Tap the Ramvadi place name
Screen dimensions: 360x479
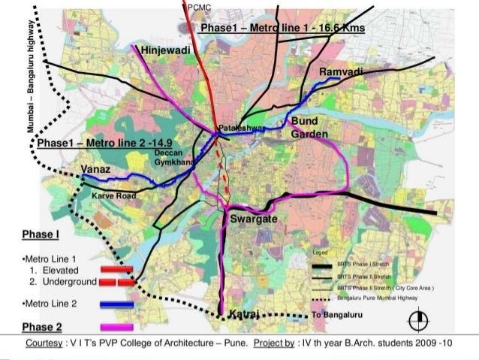(342, 71)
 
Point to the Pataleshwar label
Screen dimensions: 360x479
(242, 129)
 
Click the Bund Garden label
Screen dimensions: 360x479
(309, 128)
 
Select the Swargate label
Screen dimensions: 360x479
(255, 219)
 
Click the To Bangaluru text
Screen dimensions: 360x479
(337, 313)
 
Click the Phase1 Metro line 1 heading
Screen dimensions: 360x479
(282, 28)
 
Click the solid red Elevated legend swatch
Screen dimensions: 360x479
(116, 268)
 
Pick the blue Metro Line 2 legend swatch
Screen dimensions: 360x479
(116, 304)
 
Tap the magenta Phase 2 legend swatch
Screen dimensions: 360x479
(116, 326)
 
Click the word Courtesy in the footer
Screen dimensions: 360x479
(44, 343)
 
